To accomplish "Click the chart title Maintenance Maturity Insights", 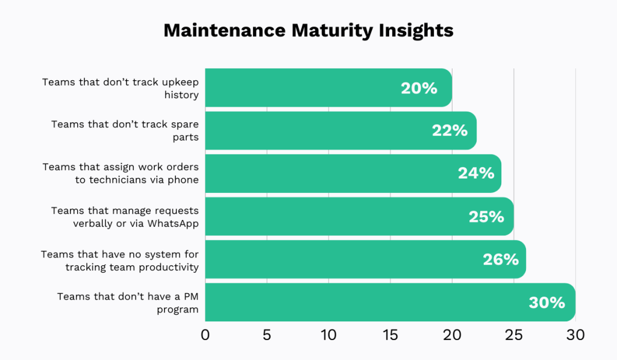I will pos(308,31).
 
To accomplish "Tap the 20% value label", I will pos(419,88).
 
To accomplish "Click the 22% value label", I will pos(449,130).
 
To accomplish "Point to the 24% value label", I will pos(475,173).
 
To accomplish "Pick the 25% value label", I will pos(486,216).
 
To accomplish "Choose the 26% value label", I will pos(500,259).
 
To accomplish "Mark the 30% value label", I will pos(547,302).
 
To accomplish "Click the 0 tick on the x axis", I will pos(205,335).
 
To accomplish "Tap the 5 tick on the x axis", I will pos(267,335).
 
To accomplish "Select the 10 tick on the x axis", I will pos(328,335).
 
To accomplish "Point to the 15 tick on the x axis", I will pos(390,335).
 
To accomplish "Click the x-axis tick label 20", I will pos(452,335).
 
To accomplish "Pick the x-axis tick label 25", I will pos(513,335).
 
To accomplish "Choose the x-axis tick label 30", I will pos(575,335).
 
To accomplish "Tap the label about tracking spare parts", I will pos(125,130).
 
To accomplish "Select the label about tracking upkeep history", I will pos(121,88).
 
